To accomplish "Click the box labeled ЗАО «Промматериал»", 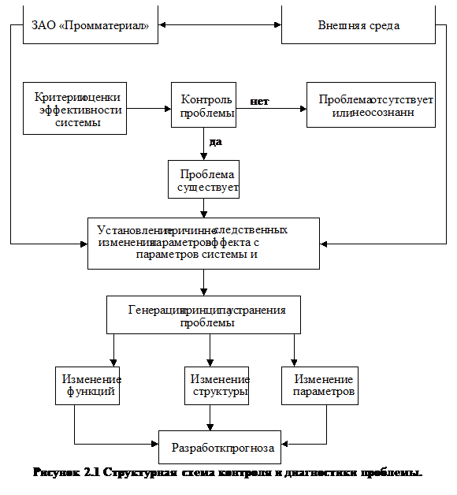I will tap(90, 25).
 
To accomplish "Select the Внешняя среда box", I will tap(358, 25).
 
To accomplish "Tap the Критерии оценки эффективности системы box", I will tap(75, 108).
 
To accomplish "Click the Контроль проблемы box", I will tap(204, 106).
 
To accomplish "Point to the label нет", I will tap(259, 102).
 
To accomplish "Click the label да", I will tap(215, 142).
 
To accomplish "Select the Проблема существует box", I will tap(203, 180).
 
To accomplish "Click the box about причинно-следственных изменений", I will tap(203, 243).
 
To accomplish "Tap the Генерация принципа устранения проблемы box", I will tap(206, 314).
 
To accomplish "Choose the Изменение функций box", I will tap(87, 385).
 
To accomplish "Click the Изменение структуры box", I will tap(217, 385).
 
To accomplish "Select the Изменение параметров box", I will tap(319, 385).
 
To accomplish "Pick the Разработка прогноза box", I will tap(220, 448).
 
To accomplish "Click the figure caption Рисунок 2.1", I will tap(227, 473).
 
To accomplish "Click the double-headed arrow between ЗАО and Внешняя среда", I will tap(220, 25).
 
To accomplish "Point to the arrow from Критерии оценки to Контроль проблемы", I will tap(149, 107).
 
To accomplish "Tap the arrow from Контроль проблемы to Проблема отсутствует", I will tap(272, 108).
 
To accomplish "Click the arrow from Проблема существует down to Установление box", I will tap(204, 207).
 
